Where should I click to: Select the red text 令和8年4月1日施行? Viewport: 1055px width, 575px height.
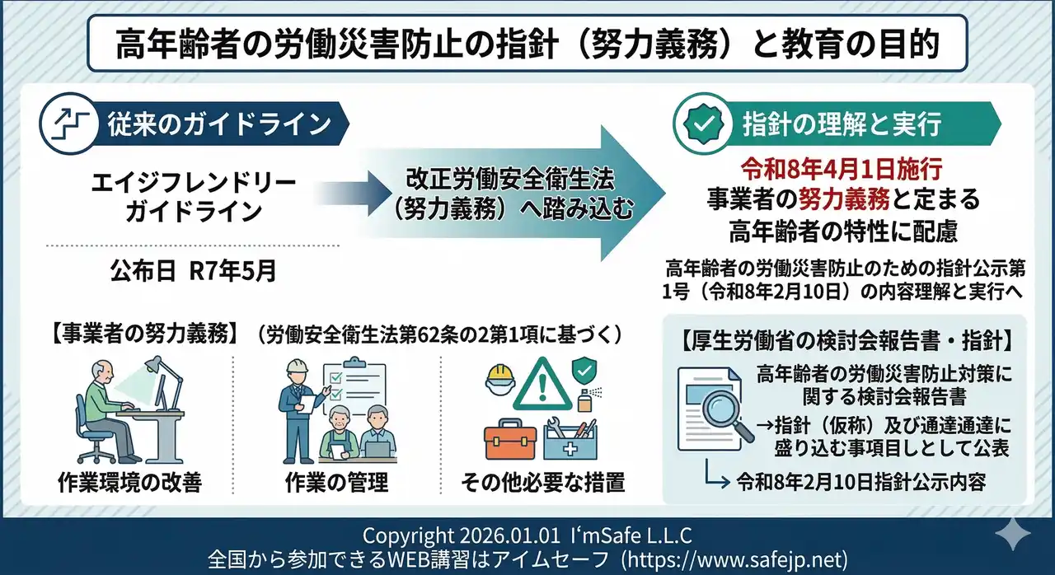[840, 170]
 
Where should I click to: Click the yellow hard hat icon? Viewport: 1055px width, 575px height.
[500, 377]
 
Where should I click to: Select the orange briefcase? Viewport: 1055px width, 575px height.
[510, 440]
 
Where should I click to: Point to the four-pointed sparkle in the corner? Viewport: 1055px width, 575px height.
[1012, 535]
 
